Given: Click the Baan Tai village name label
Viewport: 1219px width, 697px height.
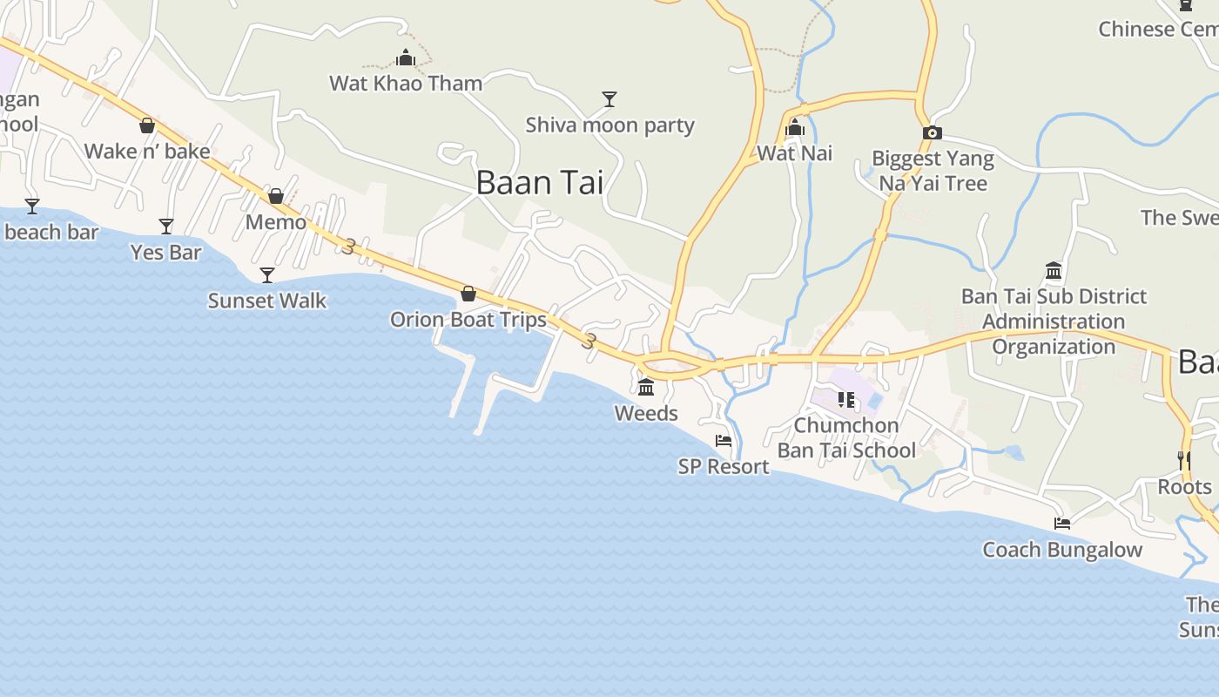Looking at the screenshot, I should (539, 183).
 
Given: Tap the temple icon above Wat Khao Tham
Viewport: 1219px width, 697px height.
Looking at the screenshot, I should (406, 58).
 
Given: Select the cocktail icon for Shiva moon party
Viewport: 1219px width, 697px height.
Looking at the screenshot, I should (609, 99).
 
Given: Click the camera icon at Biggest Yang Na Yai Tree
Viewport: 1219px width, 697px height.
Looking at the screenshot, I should (933, 133).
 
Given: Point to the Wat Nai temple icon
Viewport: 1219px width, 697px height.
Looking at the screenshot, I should (794, 129).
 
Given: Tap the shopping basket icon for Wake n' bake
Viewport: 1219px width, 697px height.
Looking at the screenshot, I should (147, 126).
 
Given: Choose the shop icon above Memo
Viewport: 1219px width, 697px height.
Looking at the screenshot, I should (276, 197).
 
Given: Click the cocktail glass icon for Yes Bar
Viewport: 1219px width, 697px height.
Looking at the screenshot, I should (166, 227).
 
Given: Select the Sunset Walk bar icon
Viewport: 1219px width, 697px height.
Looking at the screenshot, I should (267, 275).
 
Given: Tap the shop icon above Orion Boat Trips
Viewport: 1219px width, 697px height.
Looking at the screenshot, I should (468, 294).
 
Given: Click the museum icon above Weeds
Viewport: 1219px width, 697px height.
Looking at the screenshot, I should (646, 387).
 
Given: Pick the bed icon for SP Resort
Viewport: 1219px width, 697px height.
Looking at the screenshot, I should (724, 441).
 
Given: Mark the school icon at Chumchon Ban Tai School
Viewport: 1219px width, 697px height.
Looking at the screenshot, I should (845, 400).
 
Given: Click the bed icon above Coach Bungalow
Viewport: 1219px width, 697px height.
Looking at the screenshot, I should (1062, 524).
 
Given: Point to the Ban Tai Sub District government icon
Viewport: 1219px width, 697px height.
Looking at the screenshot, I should (1054, 271).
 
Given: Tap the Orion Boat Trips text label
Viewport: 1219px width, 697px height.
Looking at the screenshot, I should (468, 319).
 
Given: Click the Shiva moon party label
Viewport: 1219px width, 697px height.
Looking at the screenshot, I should (609, 125).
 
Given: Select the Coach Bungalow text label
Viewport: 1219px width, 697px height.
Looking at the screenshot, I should (1062, 550).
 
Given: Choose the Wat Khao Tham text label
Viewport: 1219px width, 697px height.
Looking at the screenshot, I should (406, 84).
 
